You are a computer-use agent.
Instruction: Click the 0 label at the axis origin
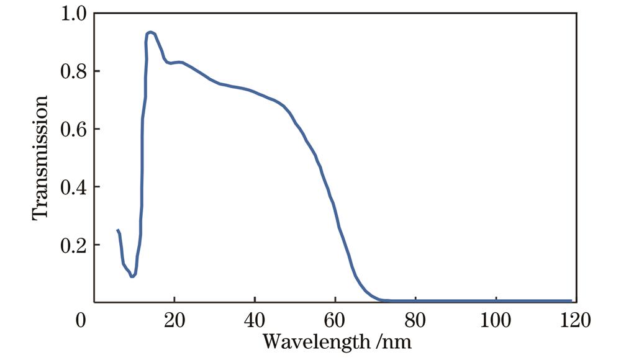pos(80,322)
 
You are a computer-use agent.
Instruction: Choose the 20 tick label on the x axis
pos(175,322)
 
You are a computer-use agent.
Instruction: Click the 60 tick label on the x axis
pos(335,322)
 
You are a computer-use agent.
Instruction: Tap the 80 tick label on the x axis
pos(415,322)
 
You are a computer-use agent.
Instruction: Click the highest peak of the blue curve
pos(150,32)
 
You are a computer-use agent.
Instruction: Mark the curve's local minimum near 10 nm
pos(132,276)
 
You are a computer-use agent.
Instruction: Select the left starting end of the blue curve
pos(117,230)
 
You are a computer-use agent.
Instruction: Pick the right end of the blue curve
pos(571,300)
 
